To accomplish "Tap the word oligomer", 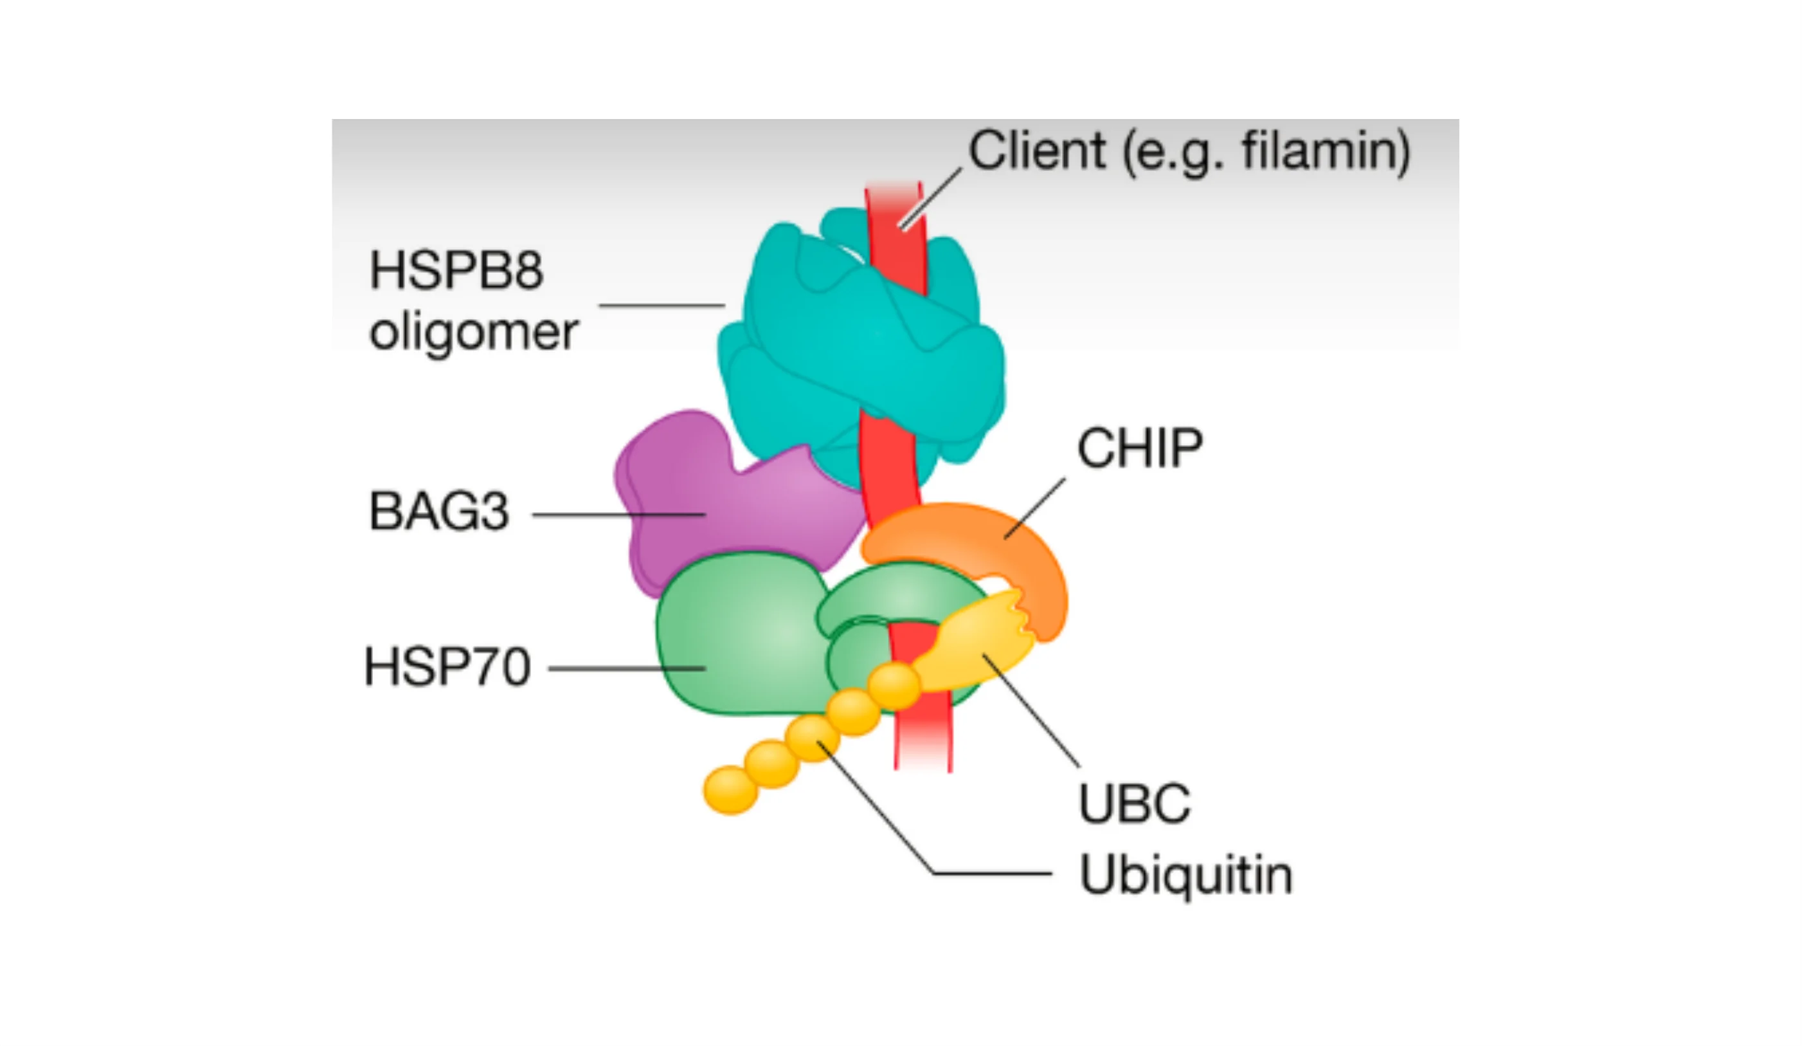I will point(473,333).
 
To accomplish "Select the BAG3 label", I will point(438,511).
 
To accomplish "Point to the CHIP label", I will point(1140,448).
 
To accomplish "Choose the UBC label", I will point(1134,803).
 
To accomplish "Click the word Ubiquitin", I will point(1186,874).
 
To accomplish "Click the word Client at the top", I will point(1037,151).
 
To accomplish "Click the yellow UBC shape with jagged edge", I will point(980,637).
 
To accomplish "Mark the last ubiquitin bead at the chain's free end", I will point(730,790).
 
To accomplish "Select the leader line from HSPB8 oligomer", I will point(662,306).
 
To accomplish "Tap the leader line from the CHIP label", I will point(1035,508).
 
